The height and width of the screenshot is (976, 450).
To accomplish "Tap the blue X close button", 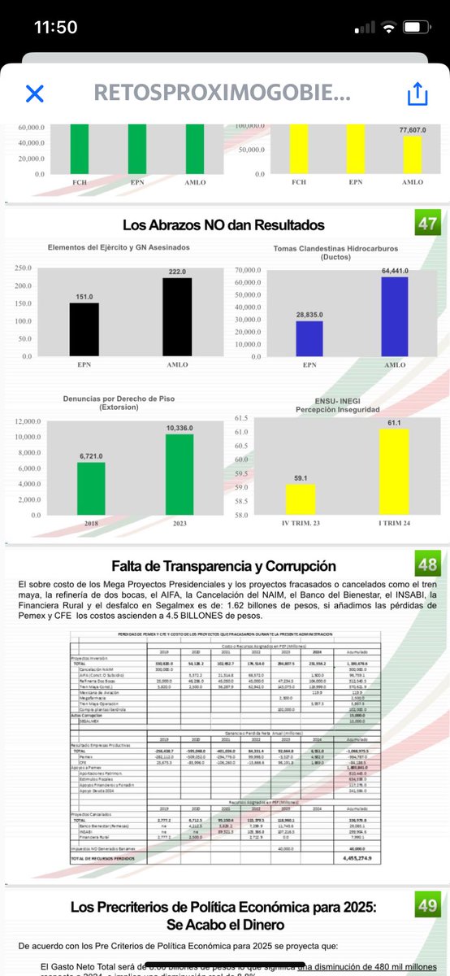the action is coord(34,94).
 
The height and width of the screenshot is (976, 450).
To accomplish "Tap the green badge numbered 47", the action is coord(426,224).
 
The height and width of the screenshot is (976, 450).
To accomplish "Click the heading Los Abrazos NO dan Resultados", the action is coord(223,224).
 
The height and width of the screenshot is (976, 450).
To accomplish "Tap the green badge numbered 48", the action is coord(426,565).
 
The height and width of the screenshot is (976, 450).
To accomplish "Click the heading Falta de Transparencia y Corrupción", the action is coord(223,566).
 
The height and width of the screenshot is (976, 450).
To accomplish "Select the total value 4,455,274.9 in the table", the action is coord(361,857).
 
